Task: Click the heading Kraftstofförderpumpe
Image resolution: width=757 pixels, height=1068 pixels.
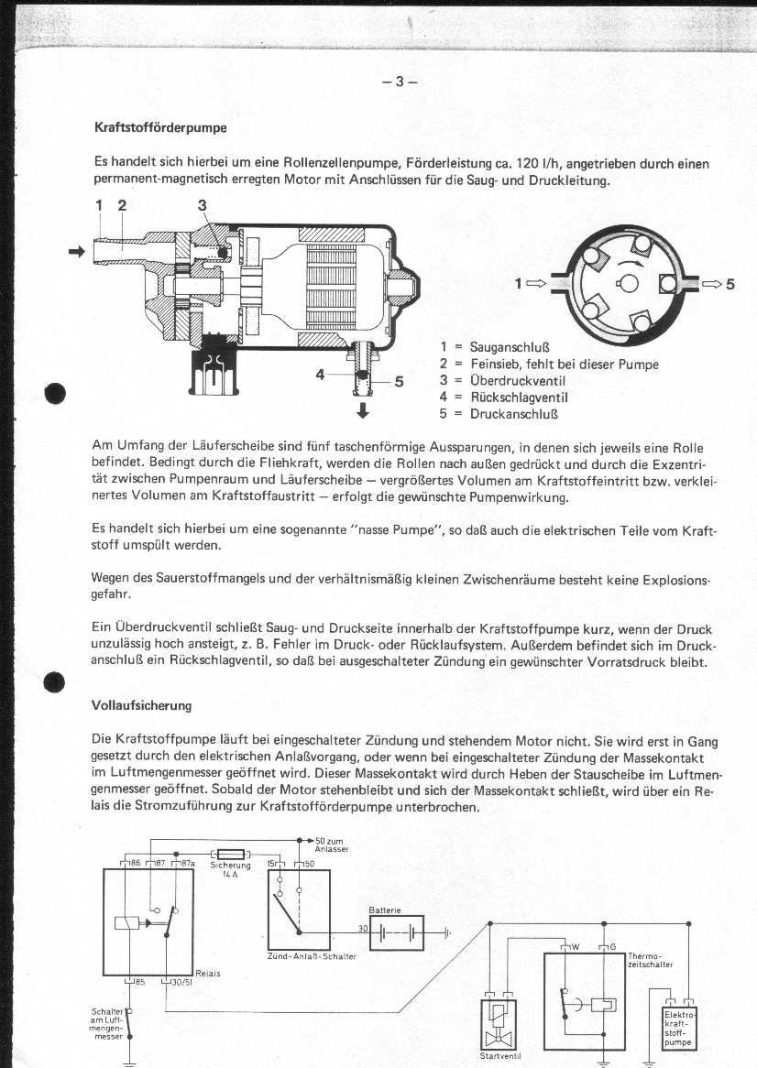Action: point(160,127)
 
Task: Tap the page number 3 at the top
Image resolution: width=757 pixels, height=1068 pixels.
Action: point(400,81)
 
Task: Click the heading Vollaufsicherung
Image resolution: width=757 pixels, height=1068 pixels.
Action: point(141,705)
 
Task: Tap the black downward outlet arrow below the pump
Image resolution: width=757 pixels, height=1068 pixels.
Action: point(363,410)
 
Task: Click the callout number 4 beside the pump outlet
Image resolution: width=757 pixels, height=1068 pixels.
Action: point(320,374)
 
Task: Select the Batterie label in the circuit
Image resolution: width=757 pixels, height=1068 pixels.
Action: point(381,910)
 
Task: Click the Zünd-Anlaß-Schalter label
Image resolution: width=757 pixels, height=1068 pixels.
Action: point(312,957)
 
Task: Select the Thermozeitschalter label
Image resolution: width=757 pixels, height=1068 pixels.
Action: point(651,960)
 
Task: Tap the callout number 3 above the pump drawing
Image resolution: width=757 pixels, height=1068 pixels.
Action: point(203,204)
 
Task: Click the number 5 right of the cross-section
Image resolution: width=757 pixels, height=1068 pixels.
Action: point(730,284)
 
